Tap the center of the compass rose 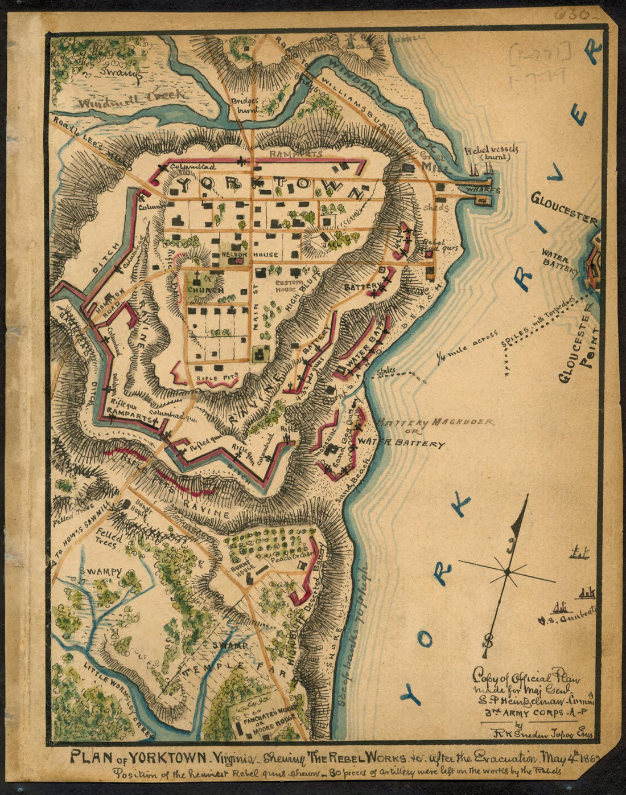point(505,571)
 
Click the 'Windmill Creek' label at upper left point(133,99)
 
